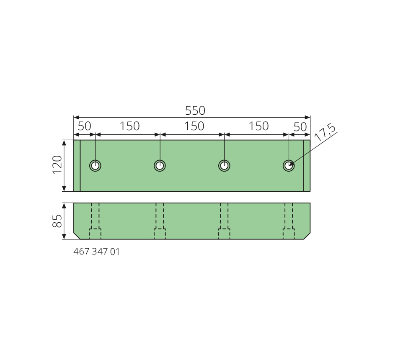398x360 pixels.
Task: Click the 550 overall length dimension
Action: [x=195, y=111]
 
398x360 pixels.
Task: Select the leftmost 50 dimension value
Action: [x=84, y=126]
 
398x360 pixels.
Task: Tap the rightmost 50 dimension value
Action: [x=300, y=127]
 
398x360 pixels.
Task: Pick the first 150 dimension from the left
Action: [x=129, y=126]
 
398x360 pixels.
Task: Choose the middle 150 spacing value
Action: [x=194, y=126]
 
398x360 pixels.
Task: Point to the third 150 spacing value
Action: [x=258, y=126]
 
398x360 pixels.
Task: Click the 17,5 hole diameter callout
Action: [x=325, y=132]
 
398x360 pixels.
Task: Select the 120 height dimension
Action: [x=57, y=165]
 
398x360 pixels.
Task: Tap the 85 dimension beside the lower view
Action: [x=57, y=221]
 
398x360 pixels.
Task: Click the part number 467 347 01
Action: [x=96, y=252]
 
